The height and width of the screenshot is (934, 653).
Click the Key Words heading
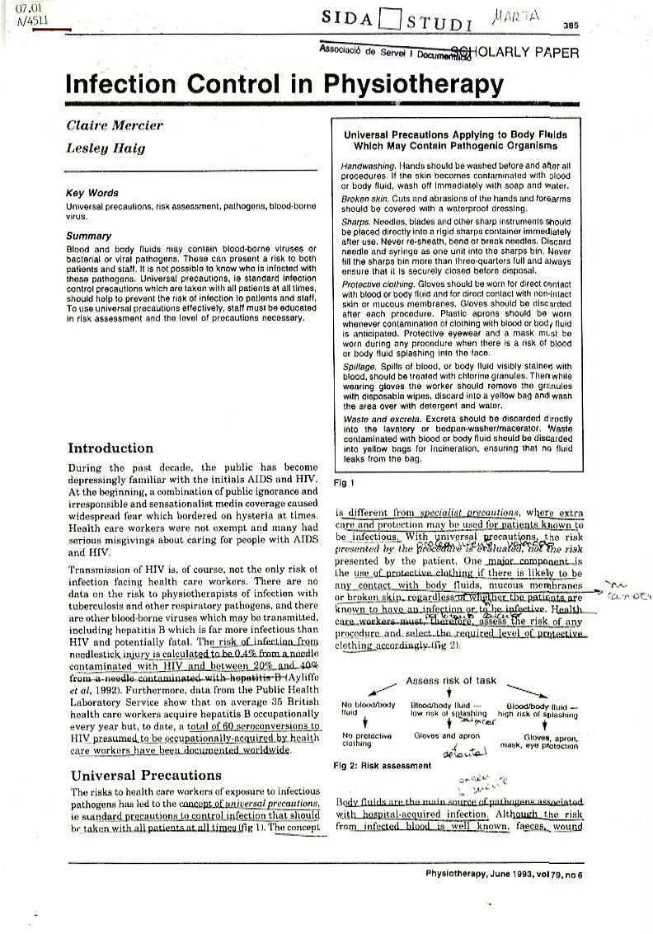(92, 193)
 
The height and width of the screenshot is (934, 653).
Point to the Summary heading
(89, 237)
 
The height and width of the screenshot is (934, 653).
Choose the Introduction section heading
(110, 448)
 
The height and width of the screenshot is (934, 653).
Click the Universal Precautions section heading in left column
(146, 775)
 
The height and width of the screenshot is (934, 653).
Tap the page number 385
(571, 26)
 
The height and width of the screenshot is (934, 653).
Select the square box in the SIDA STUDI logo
(395, 18)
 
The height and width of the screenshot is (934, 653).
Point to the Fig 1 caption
(343, 482)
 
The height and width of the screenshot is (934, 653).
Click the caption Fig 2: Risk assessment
(382, 765)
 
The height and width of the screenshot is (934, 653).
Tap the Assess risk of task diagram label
(451, 680)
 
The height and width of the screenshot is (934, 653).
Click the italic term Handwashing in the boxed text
(367, 166)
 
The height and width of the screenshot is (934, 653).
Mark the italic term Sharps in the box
(355, 222)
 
